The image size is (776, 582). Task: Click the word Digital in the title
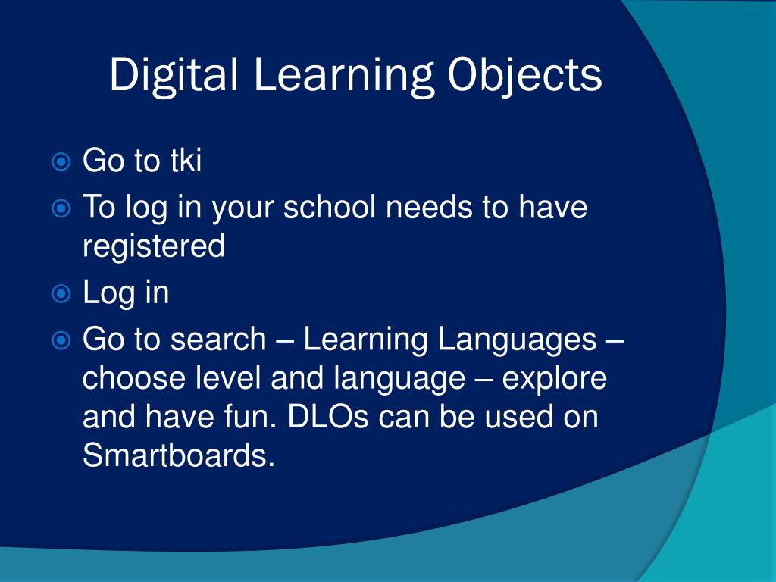click(174, 75)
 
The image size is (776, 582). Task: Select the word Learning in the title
click(343, 75)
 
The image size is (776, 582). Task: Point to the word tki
click(185, 161)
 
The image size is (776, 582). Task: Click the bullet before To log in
click(61, 207)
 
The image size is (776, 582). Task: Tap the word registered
click(154, 247)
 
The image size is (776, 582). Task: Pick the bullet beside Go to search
click(61, 340)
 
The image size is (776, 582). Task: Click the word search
click(218, 339)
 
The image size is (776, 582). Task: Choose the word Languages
click(517, 339)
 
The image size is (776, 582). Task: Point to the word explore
click(555, 377)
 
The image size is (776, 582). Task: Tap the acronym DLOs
click(330, 417)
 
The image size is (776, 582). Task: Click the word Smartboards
click(177, 456)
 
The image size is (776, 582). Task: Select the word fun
click(251, 417)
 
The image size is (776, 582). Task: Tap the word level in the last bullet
click(227, 377)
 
